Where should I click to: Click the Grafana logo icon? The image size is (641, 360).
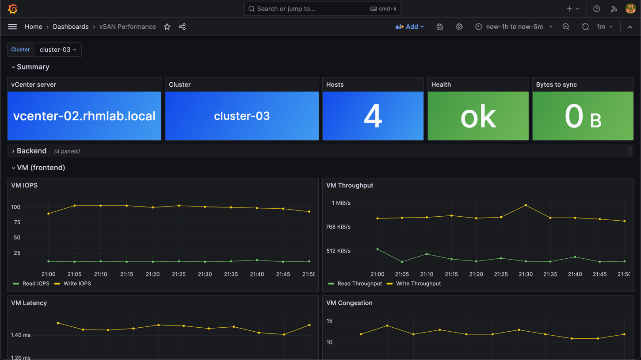coord(12,8)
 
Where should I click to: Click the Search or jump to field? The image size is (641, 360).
coord(322,8)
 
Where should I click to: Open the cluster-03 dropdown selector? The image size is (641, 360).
coord(58,50)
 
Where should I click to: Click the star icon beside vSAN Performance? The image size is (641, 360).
coord(167,27)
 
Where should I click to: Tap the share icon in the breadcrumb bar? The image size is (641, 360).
coord(182,27)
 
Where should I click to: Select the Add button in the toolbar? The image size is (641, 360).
coord(409,27)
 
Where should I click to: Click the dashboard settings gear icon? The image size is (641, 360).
coord(459,27)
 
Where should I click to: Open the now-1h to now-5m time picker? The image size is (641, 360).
coord(514,27)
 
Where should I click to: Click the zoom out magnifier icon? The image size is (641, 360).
coord(566,27)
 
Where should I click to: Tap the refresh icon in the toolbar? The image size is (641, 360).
coord(585,27)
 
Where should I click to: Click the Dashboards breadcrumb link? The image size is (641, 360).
coord(71,27)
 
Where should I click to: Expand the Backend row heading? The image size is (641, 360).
coord(31,151)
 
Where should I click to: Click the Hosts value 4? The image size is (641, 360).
coord(373,116)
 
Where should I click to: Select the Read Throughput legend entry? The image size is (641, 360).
coord(355,283)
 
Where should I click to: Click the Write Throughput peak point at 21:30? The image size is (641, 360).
coord(526,205)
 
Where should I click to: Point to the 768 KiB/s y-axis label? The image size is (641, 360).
coord(338,226)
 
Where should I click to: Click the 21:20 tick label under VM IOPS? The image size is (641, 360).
coord(153,274)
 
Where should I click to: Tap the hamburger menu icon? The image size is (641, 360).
coord(12,27)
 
